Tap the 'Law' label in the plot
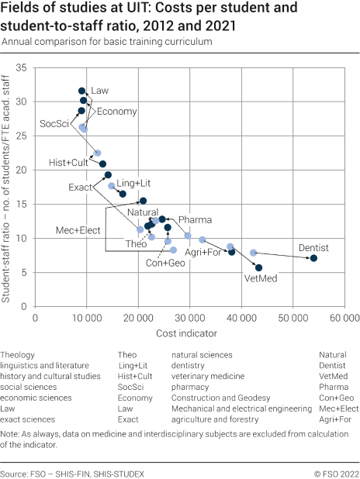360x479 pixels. coord(100,91)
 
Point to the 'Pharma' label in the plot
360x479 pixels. coord(195,220)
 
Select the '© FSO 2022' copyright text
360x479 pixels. coord(335,472)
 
